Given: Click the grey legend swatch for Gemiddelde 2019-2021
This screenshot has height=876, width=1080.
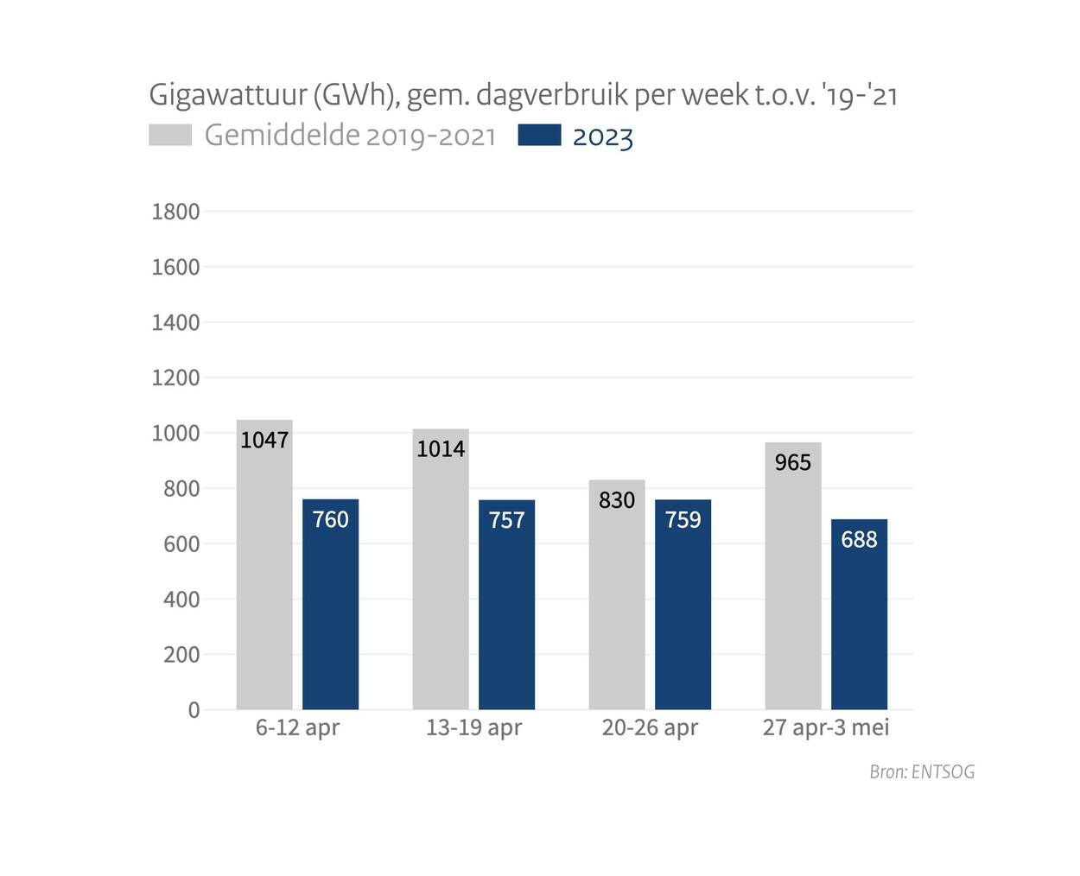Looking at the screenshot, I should point(170,136).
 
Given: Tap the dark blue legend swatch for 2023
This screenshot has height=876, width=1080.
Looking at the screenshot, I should point(539,136).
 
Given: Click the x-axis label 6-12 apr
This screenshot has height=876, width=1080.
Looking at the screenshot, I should point(297,727).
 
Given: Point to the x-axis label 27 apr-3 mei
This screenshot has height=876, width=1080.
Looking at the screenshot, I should point(826,727).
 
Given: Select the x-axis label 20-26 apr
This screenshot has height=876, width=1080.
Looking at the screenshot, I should point(650,727).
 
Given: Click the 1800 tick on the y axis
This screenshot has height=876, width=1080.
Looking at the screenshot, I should point(175,212).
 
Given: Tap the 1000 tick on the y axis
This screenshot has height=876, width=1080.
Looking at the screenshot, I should point(175,433).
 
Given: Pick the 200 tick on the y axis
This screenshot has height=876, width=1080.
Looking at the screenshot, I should point(181,655).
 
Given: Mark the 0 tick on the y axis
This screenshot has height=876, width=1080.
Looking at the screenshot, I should point(194,710).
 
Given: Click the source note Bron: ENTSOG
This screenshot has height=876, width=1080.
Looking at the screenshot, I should point(922,771).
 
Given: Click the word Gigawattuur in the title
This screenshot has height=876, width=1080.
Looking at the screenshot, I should point(228,94).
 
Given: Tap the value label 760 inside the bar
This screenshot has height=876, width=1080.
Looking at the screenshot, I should point(330,519).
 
